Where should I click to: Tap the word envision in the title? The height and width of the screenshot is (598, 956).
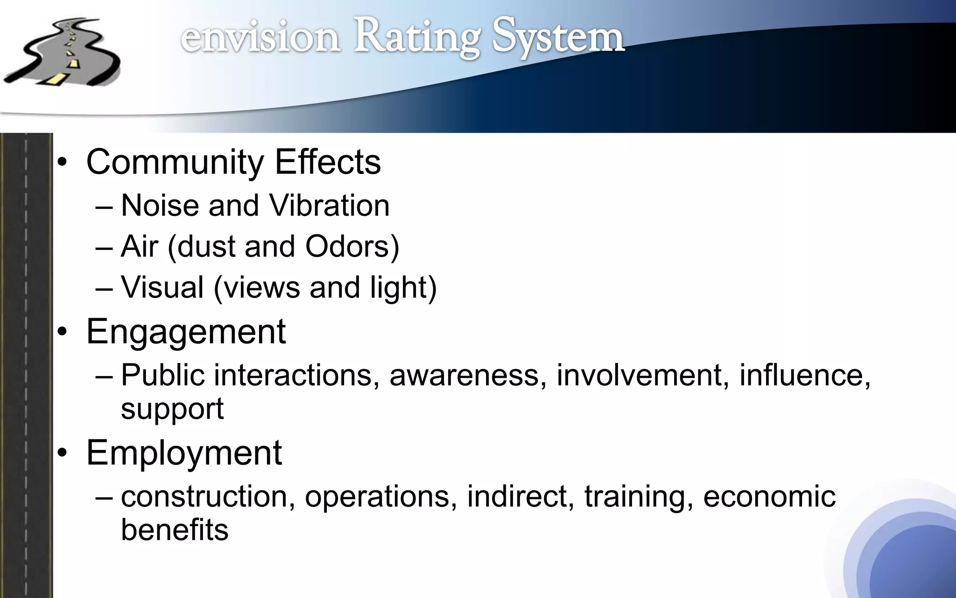260,37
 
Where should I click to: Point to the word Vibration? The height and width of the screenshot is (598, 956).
329,206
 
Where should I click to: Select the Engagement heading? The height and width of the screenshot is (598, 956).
186,331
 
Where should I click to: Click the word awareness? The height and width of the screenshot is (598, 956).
464,375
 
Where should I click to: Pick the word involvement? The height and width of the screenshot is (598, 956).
639,375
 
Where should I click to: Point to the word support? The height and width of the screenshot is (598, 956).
172,409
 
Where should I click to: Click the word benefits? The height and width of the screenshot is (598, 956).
175,530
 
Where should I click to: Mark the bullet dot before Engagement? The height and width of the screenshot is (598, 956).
63,333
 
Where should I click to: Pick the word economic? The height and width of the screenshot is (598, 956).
769,496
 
